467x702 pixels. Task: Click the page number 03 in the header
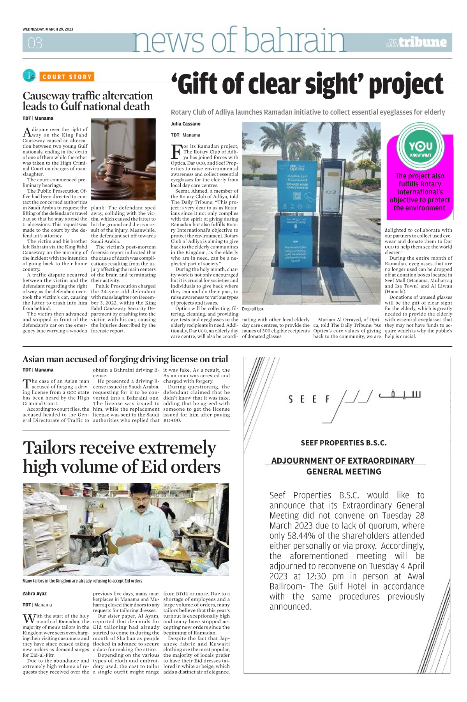pyautogui.click(x=35, y=43)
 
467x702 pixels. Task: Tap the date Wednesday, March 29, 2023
pyautogui.click(x=48, y=29)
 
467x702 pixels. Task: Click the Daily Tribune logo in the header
pyautogui.click(x=417, y=43)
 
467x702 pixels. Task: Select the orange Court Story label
pyautogui.click(x=67, y=77)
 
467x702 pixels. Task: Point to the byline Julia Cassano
pyautogui.click(x=185, y=124)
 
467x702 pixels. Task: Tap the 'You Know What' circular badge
pyautogui.click(x=420, y=147)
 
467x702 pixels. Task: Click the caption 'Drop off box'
pyautogui.click(x=253, y=309)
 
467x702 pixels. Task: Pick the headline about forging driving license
pyautogui.click(x=125, y=359)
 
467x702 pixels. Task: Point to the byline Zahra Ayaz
pyautogui.click(x=35, y=594)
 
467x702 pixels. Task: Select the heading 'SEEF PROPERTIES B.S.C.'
pyautogui.click(x=344, y=443)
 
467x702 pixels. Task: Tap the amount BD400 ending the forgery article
pyautogui.click(x=172, y=420)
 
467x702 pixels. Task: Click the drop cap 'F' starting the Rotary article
pyautogui.click(x=176, y=151)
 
